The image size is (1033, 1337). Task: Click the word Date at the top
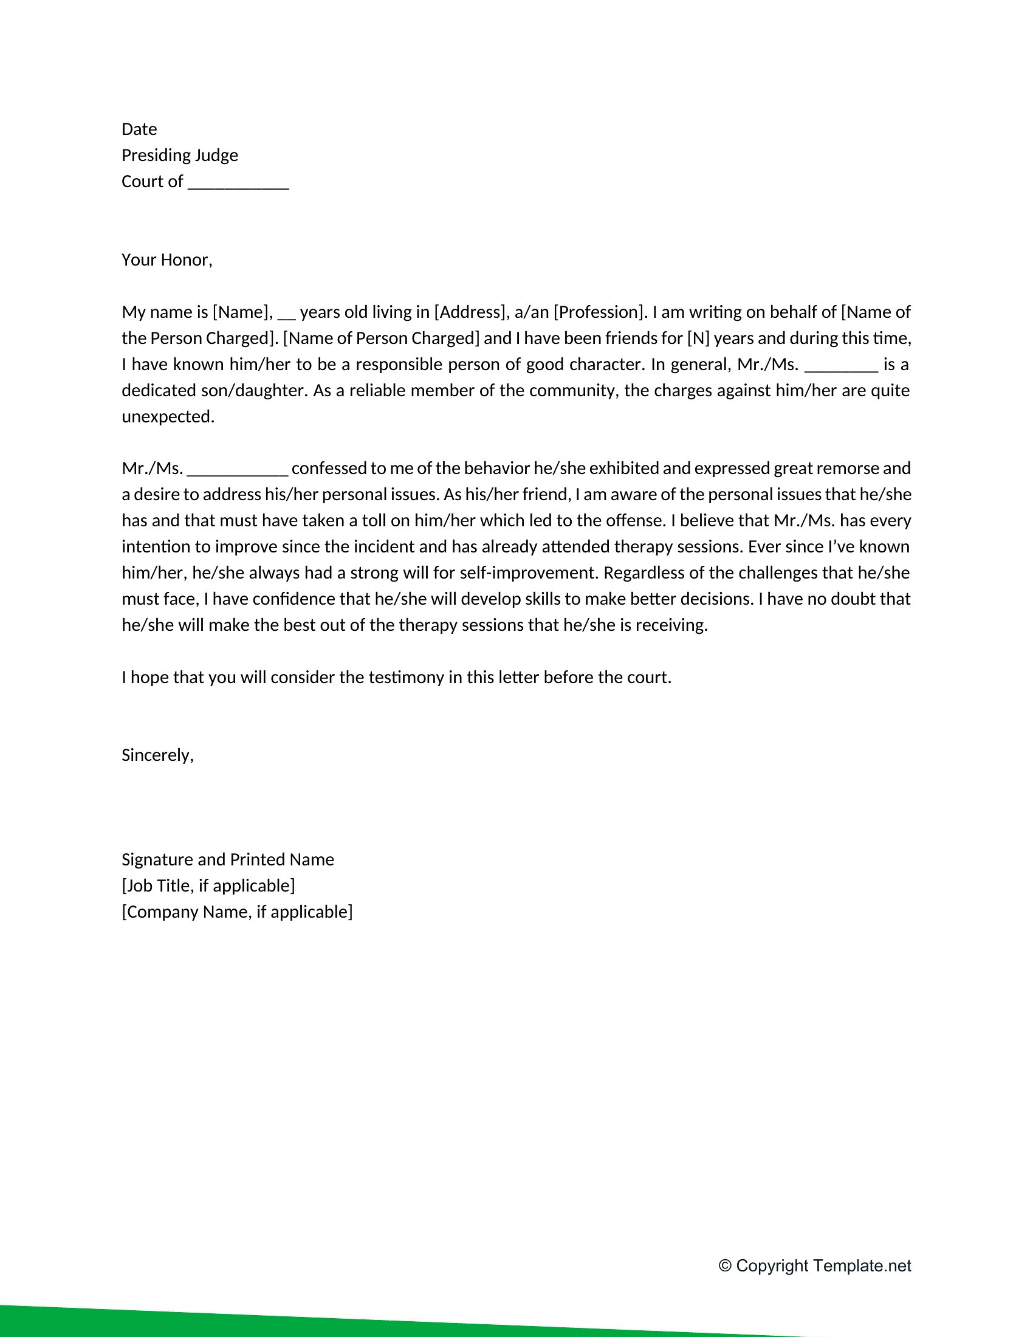pos(139,129)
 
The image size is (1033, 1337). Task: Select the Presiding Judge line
pos(179,156)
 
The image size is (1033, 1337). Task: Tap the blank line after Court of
pos(238,183)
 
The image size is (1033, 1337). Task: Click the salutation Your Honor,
pos(166,260)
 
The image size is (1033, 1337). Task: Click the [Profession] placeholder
pos(599,312)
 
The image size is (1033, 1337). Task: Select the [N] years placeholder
pos(698,339)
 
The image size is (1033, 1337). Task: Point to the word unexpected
pos(168,417)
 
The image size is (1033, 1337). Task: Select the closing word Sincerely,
pos(157,755)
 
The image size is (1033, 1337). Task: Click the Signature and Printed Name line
pos(228,860)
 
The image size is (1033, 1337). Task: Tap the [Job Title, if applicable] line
pos(208,886)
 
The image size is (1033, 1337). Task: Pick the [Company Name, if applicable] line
pos(237,912)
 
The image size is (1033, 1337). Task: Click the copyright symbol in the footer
pos(725,1266)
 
